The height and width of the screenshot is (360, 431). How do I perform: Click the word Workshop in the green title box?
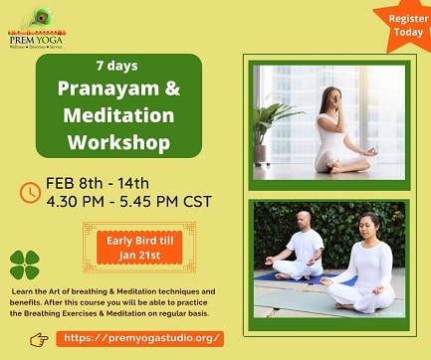coord(118,141)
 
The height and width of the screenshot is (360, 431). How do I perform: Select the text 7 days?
coord(116,67)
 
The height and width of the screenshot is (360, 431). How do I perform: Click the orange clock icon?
coord(30,192)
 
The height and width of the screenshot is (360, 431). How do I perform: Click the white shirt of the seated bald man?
coord(304,249)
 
